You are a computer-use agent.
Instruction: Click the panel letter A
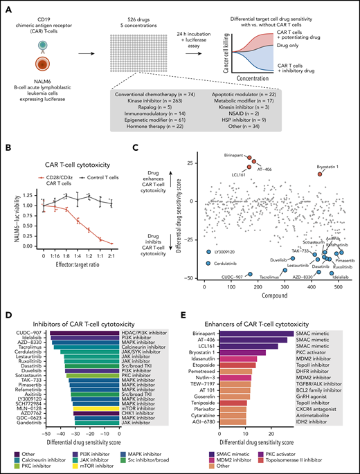pos(7,6)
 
